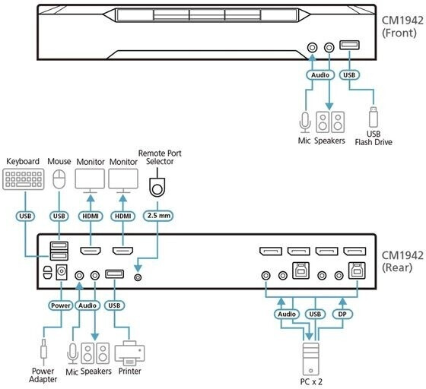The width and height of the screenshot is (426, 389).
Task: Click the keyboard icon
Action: [x=24, y=179]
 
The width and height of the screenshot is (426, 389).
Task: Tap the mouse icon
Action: [x=59, y=179]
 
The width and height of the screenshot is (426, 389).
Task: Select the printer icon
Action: [x=129, y=353]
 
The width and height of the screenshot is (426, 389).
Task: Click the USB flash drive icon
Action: [x=374, y=117]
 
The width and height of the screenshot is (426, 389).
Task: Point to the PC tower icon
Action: [x=311, y=359]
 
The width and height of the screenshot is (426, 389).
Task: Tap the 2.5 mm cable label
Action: [x=158, y=216]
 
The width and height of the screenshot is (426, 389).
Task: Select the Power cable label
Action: [x=61, y=305]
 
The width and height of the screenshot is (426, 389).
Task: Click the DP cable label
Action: [x=342, y=314]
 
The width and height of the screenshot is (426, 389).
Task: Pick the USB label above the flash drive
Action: [x=349, y=75]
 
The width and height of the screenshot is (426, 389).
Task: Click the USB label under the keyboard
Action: [x=25, y=216]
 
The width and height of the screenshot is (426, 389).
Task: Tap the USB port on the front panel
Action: [x=349, y=45]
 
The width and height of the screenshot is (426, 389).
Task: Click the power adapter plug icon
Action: [x=43, y=352]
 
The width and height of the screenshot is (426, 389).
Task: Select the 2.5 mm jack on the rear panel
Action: [x=138, y=277]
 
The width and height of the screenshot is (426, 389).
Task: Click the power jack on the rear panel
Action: [x=61, y=272]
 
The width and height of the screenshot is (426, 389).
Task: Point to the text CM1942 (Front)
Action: [x=402, y=27]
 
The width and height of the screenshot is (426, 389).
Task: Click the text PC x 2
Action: [x=311, y=381]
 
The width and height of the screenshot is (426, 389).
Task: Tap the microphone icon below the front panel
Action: [x=305, y=123]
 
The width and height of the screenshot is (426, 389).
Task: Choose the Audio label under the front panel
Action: [x=320, y=75]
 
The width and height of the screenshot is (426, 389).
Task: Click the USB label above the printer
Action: [x=114, y=305]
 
